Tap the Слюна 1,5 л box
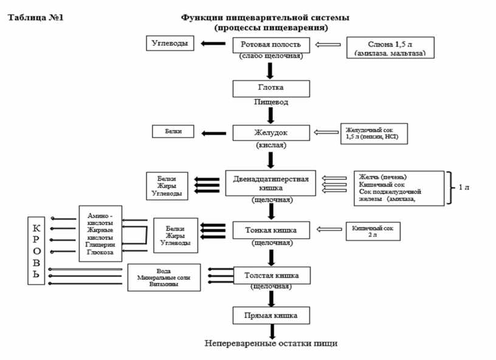(390, 47)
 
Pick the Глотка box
(271, 88)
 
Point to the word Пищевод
(271, 102)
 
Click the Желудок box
(271, 133)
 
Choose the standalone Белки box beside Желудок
(173, 131)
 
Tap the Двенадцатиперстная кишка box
(271, 183)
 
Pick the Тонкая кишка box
(271, 230)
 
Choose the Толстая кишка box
(271, 275)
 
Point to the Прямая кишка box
(271, 316)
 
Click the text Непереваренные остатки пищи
(271, 344)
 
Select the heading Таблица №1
(35, 17)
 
